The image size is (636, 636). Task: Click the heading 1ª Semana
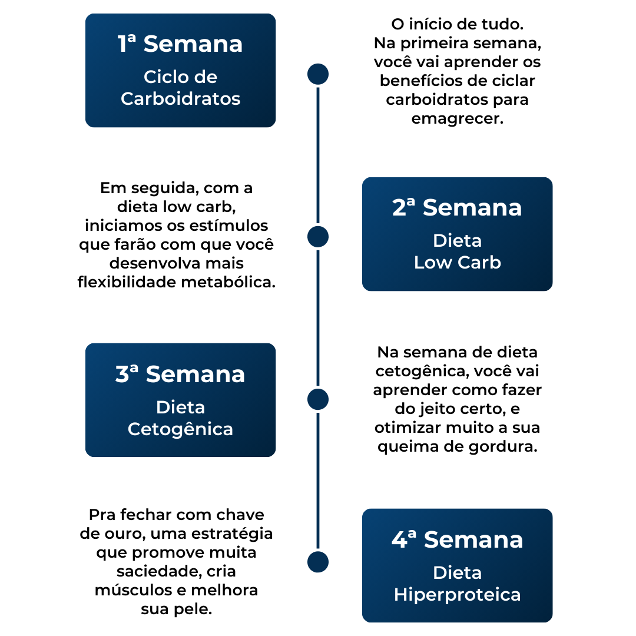[180, 44]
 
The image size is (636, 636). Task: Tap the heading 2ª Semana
[457, 208]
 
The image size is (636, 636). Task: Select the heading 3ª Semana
[180, 375]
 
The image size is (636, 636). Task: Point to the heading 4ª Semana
[457, 540]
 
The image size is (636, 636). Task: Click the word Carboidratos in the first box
[180, 98]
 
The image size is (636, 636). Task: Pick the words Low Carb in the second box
[457, 262]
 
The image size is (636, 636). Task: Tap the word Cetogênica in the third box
[180, 429]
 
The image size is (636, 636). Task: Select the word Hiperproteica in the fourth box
[457, 594]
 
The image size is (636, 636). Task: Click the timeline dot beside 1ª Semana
[318, 74]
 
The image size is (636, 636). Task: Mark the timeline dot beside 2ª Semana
[318, 237]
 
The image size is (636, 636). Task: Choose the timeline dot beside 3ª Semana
[318, 399]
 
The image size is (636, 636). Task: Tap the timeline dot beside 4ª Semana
[318, 562]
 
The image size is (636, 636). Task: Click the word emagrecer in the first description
[457, 118]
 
